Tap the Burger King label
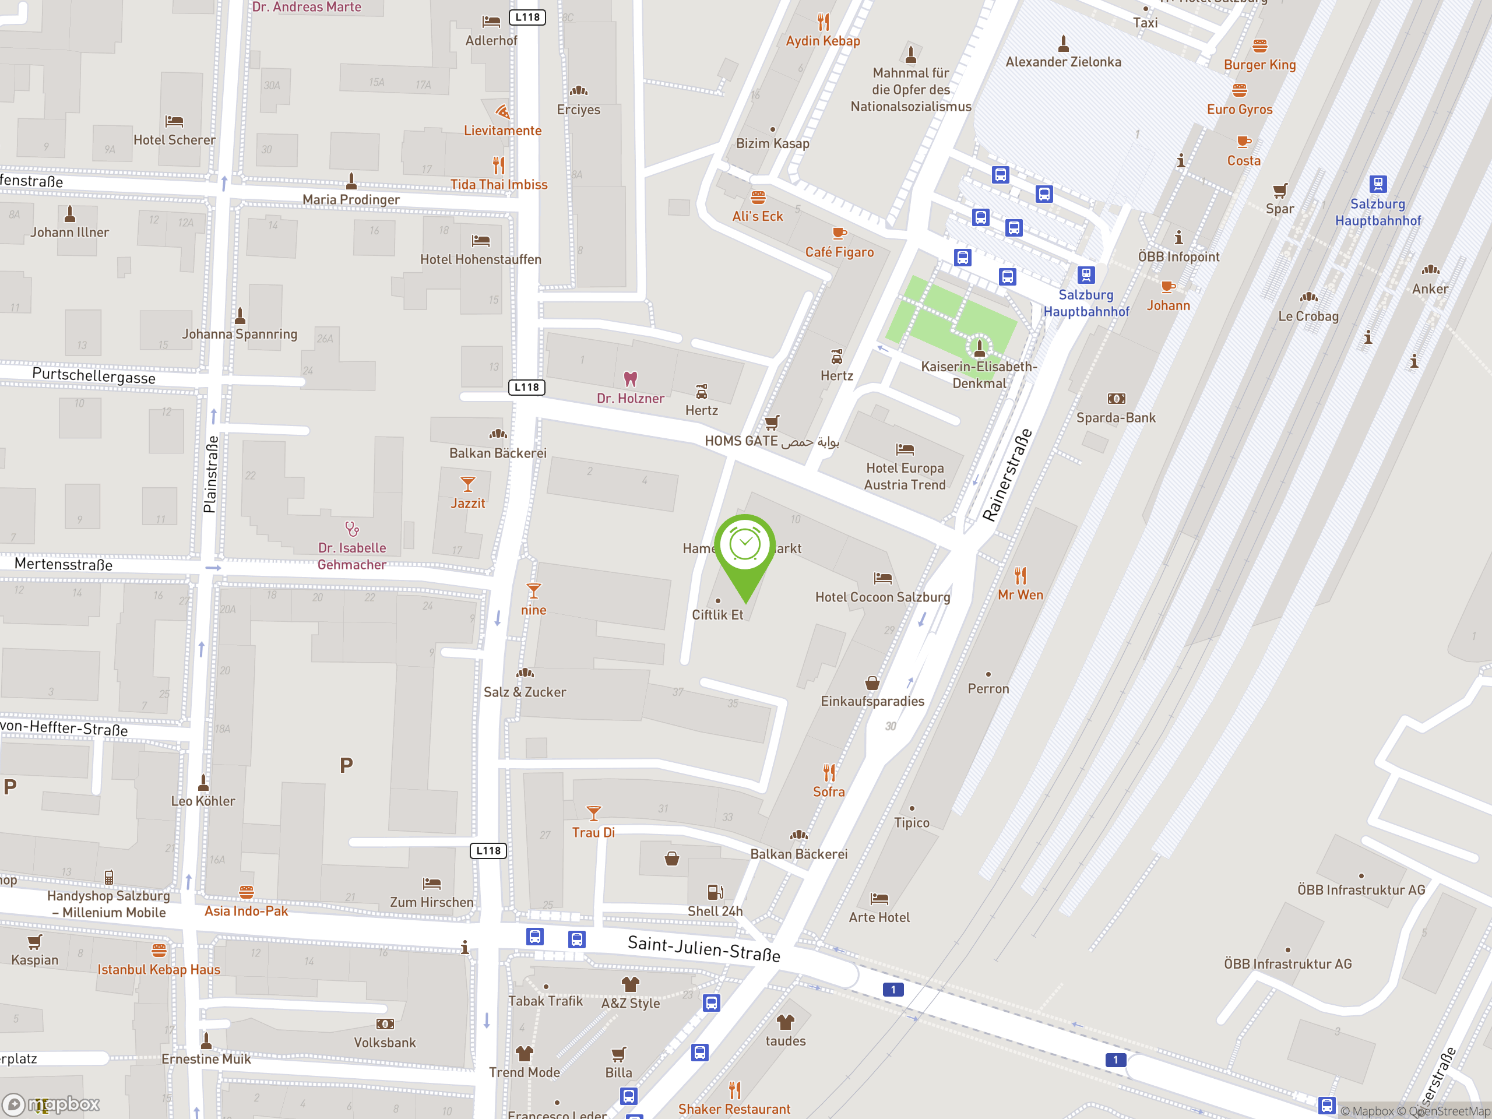coord(1259,65)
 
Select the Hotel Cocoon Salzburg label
coord(882,597)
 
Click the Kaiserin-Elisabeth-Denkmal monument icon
coord(979,348)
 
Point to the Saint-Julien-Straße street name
coord(703,948)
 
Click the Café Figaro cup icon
coord(839,233)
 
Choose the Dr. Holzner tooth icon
coord(630,379)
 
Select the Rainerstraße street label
coord(1007,476)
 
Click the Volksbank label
coord(385,1042)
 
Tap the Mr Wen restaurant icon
coord(1021,576)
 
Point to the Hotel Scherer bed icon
coord(174,121)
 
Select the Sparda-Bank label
coord(1116,417)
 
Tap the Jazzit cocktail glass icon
coord(467,484)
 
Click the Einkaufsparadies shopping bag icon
coord(872,682)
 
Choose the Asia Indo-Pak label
coord(246,910)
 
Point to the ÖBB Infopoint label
coord(1178,256)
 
